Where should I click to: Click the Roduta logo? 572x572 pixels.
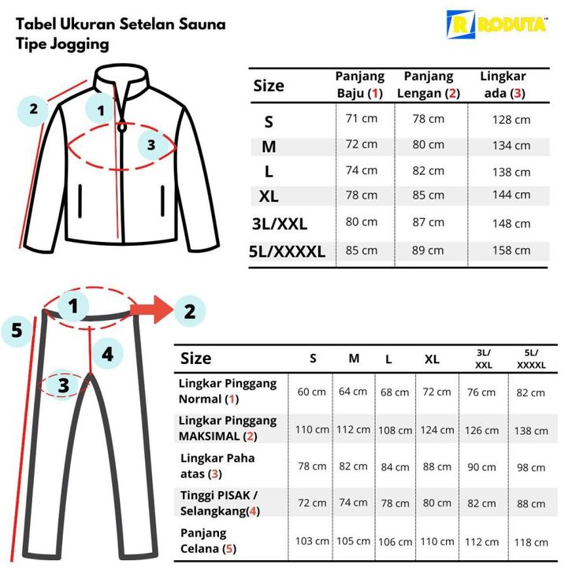[x=496, y=24]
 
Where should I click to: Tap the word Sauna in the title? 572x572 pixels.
[x=202, y=24]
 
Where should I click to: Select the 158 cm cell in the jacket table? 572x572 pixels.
[x=511, y=251]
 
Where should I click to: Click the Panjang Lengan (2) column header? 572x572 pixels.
[x=429, y=84]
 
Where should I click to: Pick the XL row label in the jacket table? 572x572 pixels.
[x=269, y=196]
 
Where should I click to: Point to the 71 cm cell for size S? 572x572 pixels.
[x=361, y=118]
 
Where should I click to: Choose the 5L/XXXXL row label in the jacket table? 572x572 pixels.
[x=287, y=251]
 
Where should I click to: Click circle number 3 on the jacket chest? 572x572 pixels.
[x=152, y=145]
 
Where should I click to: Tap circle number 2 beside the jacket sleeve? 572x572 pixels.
[x=33, y=109]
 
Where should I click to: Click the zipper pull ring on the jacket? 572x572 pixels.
[x=122, y=128]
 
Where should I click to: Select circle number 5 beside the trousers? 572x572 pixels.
[x=17, y=330]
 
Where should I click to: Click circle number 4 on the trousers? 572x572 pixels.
[x=108, y=354]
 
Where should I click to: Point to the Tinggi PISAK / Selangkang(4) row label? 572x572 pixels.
[x=220, y=503]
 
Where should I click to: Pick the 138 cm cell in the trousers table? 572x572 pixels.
[x=531, y=431]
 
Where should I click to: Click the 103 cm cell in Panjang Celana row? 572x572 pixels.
[x=312, y=541]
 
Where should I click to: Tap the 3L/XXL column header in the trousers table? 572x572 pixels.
[x=483, y=359]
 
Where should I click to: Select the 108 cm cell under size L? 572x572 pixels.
[x=395, y=430]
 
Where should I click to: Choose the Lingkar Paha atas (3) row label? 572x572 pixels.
[x=217, y=466]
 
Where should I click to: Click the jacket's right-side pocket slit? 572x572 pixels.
[x=162, y=201]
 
